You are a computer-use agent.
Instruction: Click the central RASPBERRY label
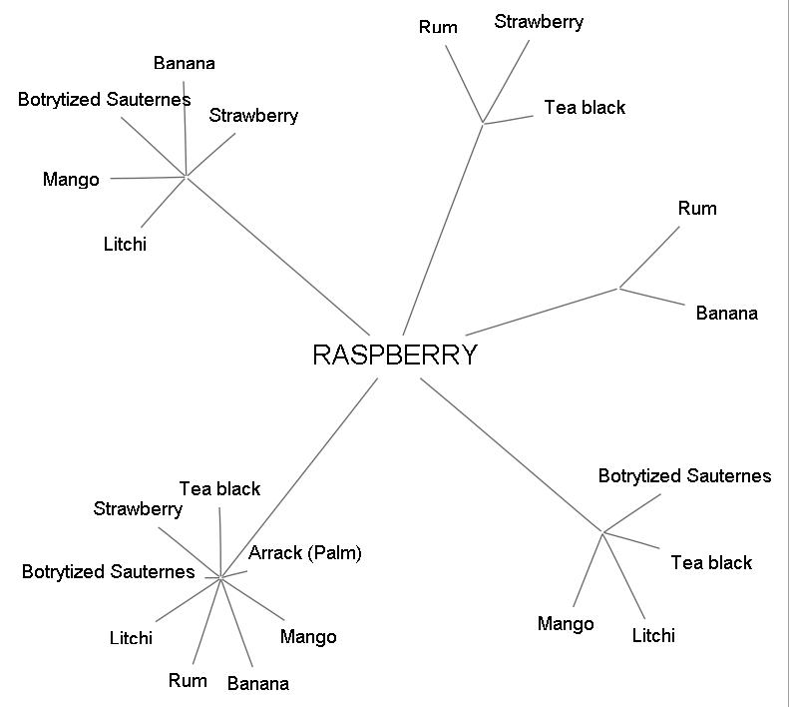tap(395, 354)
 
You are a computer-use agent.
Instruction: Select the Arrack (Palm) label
tap(305, 552)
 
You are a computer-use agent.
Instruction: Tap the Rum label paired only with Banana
tap(697, 209)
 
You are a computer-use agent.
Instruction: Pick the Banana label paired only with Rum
tap(726, 314)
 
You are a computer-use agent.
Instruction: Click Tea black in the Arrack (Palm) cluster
tap(219, 488)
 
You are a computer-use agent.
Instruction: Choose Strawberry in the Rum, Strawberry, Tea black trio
tap(539, 22)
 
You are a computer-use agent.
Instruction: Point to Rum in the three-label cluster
tap(438, 27)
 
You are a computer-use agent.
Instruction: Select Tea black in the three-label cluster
tap(585, 107)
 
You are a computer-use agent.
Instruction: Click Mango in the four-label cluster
tap(566, 624)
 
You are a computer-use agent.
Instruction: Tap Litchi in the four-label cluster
tap(653, 635)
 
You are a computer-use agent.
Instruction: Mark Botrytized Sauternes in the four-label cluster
tap(684, 475)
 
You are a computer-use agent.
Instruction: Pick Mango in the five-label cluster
tap(71, 180)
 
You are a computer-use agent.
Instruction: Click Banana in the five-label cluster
tap(185, 63)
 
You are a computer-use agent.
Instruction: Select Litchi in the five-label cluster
tap(125, 244)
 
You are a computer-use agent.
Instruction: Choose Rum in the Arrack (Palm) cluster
tap(188, 680)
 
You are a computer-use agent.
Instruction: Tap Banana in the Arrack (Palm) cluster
tap(258, 683)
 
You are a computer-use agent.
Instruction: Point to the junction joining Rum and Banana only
tap(619, 289)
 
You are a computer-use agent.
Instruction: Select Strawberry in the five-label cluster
tap(253, 115)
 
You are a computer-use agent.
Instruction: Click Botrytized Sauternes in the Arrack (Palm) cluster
tap(108, 571)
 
